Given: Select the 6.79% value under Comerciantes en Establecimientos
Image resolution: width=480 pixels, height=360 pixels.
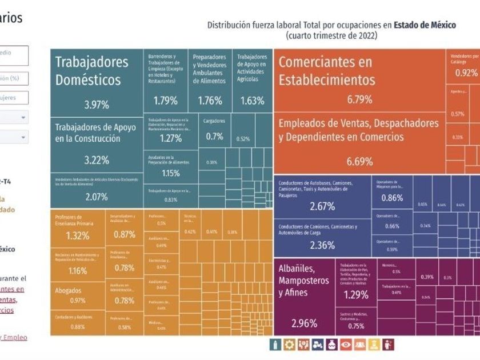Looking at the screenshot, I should point(359,99).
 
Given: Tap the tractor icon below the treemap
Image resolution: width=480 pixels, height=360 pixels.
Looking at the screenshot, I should point(318,345).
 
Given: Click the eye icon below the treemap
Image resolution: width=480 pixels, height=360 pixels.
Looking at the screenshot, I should point(346,345).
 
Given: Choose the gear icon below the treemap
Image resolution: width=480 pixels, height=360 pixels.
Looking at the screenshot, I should point(289,345).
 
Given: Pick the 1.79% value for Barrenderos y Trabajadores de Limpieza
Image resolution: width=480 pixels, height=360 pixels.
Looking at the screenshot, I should point(165,101).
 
